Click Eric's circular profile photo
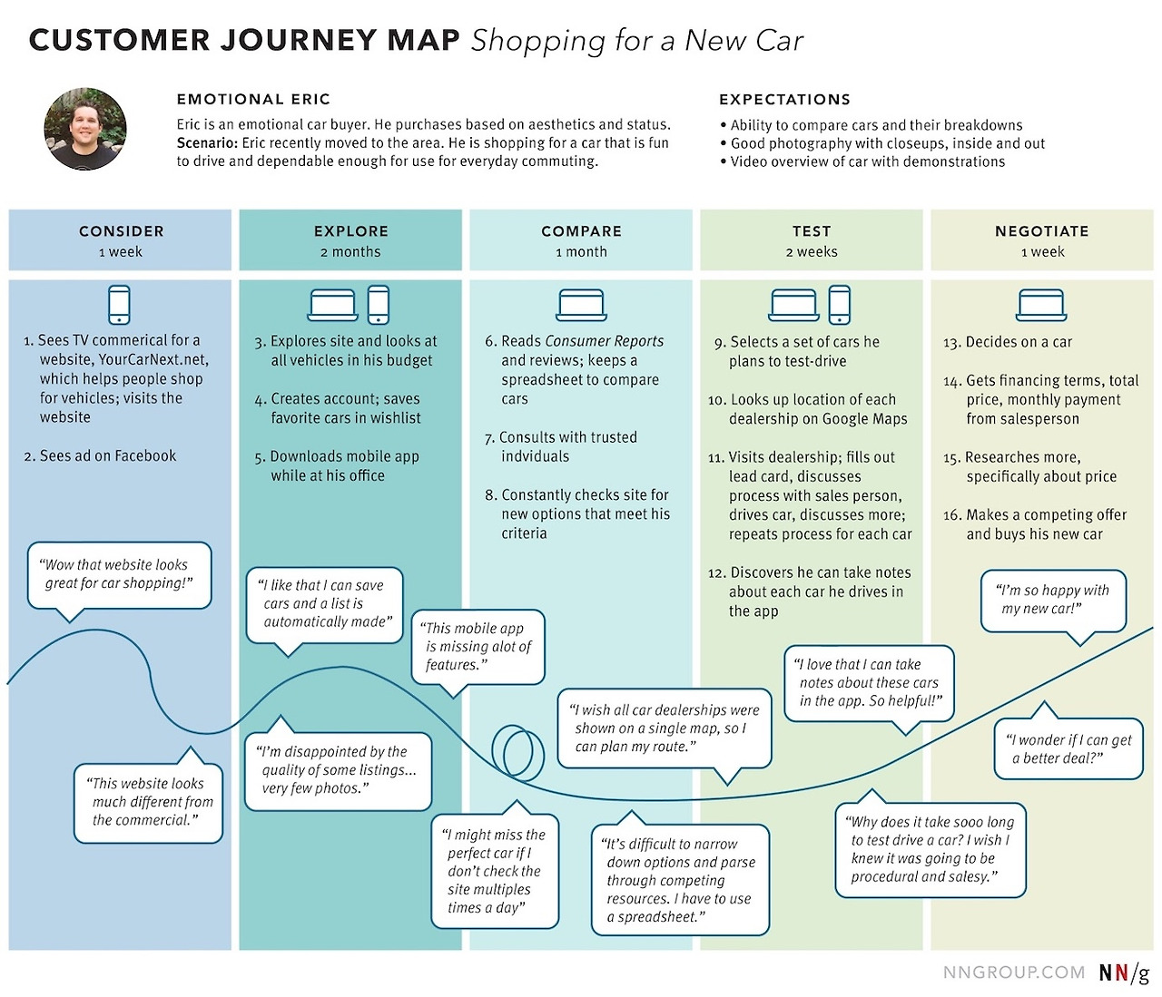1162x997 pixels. (85, 129)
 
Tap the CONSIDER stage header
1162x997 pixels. (121, 231)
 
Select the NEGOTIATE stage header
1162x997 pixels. (1041, 231)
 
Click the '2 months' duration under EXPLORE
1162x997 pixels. (350, 252)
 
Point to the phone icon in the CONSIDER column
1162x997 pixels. (119, 305)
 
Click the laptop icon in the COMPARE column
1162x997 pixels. (581, 305)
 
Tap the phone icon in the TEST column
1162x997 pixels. (840, 305)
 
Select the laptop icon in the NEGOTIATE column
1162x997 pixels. (1041, 305)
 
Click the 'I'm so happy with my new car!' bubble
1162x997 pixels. (1052, 600)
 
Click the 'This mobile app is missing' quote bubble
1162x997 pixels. (478, 646)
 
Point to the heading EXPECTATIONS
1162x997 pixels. (784, 100)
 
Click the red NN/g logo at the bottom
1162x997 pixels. (1124, 973)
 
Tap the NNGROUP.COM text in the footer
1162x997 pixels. (1013, 973)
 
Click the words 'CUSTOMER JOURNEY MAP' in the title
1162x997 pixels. (244, 41)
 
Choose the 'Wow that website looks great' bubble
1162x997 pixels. (119, 574)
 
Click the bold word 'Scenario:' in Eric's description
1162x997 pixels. (207, 143)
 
